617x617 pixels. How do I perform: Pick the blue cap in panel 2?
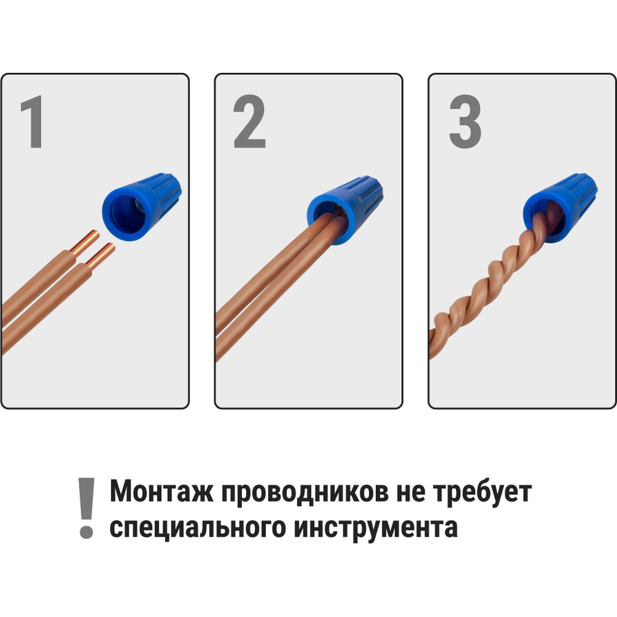pyautogui.click(x=346, y=210)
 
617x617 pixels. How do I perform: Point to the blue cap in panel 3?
pyautogui.click(x=560, y=207)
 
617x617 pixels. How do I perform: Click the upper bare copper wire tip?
pyautogui.click(x=85, y=242)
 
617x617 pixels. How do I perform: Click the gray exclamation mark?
pyautogui.click(x=86, y=508)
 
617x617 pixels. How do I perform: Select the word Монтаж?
pyautogui.click(x=161, y=492)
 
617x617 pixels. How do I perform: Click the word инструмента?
pyautogui.click(x=376, y=529)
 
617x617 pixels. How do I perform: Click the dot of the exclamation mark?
pyautogui.click(x=86, y=531)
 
